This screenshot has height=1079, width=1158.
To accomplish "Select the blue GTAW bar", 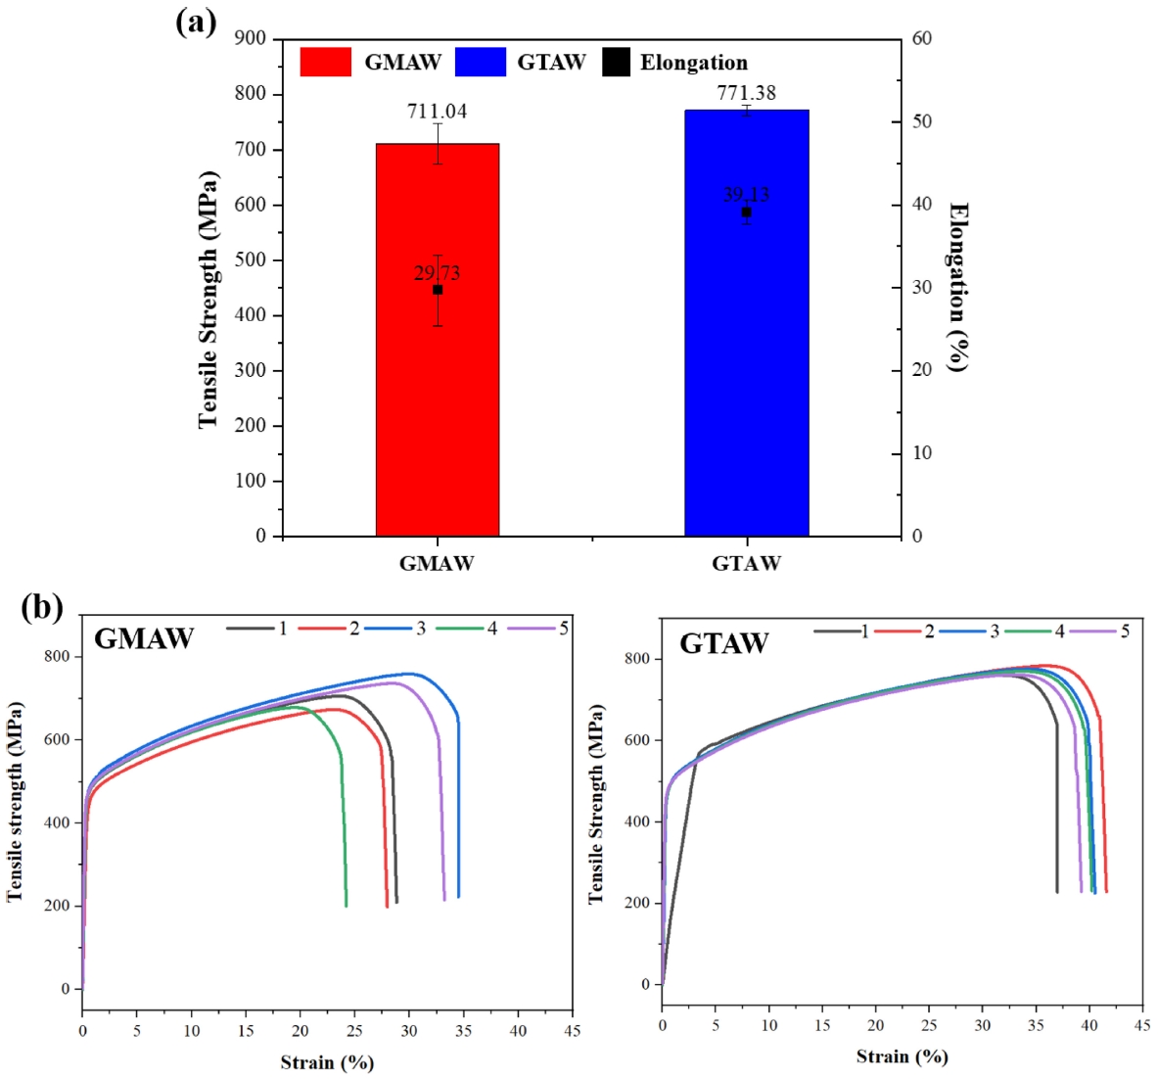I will pyautogui.click(x=746, y=392).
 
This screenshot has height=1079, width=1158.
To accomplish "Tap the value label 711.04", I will pyautogui.click(x=437, y=111).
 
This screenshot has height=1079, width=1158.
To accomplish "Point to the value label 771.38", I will pyautogui.click(x=746, y=93).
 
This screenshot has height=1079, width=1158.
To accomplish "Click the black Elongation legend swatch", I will pyautogui.click(x=616, y=62).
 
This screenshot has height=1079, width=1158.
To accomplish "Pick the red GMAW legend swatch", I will pyautogui.click(x=325, y=62).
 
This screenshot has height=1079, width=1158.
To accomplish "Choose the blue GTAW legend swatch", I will pyautogui.click(x=481, y=62).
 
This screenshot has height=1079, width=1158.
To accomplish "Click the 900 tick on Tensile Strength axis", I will pyautogui.click(x=251, y=38).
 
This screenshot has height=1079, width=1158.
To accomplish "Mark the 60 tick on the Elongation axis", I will pyautogui.click(x=922, y=38).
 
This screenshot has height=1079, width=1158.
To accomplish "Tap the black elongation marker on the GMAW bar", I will pyautogui.click(x=438, y=290).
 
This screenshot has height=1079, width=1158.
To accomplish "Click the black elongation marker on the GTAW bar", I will pyautogui.click(x=746, y=212).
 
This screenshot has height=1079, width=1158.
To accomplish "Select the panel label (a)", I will pyautogui.click(x=196, y=22).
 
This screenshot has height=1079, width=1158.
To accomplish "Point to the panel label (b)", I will pyautogui.click(x=42, y=607).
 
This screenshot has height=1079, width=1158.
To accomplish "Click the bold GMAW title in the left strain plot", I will pyautogui.click(x=143, y=638).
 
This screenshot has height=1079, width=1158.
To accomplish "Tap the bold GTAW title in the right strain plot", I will pyautogui.click(x=724, y=643).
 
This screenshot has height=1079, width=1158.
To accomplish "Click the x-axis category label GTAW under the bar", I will pyautogui.click(x=746, y=563).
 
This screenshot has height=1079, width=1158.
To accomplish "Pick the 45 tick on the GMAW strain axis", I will pyautogui.click(x=573, y=1030).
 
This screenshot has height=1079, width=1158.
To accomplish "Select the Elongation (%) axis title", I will pyautogui.click(x=957, y=287).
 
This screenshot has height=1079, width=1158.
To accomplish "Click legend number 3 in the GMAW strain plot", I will pyautogui.click(x=421, y=628).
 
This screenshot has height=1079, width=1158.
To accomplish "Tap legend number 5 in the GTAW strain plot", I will pyautogui.click(x=1125, y=631).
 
